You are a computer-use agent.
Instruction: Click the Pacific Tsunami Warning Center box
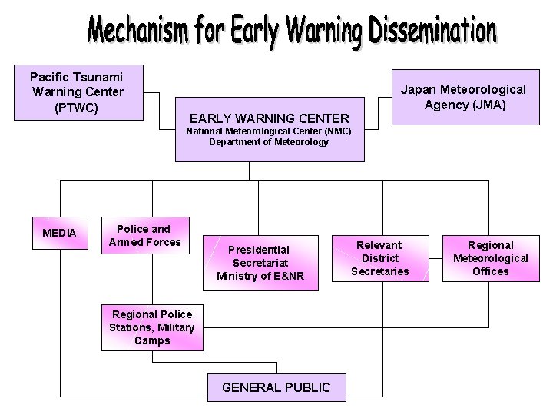tap(77, 92)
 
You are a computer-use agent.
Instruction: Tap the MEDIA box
tap(60, 232)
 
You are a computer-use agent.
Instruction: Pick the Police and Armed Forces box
tap(145, 235)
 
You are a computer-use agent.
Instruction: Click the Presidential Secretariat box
tap(260, 263)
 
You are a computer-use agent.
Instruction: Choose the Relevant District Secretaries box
tap(380, 257)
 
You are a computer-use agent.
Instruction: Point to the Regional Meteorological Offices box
tap(491, 258)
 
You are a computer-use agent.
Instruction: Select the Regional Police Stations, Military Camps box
tap(152, 327)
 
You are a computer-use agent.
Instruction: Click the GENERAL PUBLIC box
tap(276, 387)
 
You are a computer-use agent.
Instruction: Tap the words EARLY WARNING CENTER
tap(270, 118)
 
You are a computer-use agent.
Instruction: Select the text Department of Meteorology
tap(269, 142)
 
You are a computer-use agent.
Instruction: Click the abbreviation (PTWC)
tap(77, 108)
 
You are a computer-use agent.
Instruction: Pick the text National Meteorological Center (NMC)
tap(269, 131)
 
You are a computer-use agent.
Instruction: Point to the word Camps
tap(152, 340)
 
